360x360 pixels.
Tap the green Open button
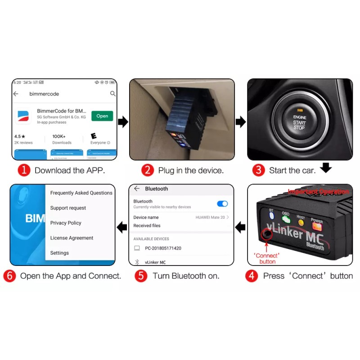[x=102, y=116]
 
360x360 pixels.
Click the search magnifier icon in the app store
[x=113, y=94]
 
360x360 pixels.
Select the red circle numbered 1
[x=24, y=170]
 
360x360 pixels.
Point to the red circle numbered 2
[x=147, y=170]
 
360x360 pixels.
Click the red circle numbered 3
[x=258, y=170]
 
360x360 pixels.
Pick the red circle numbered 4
[x=252, y=276]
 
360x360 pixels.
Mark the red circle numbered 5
[x=141, y=276]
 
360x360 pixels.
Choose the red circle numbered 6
[x=9, y=276]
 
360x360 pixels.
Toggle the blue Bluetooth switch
[x=222, y=204]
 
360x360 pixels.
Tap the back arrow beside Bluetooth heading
[x=137, y=189]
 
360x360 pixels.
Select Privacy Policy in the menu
[x=66, y=223]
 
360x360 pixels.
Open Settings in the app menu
[x=59, y=253]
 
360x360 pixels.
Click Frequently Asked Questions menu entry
[x=81, y=193]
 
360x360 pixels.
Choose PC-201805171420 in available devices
[x=163, y=248]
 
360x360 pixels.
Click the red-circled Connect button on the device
[x=266, y=234]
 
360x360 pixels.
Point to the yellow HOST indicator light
[x=301, y=222]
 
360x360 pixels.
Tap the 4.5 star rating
[x=20, y=136]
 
